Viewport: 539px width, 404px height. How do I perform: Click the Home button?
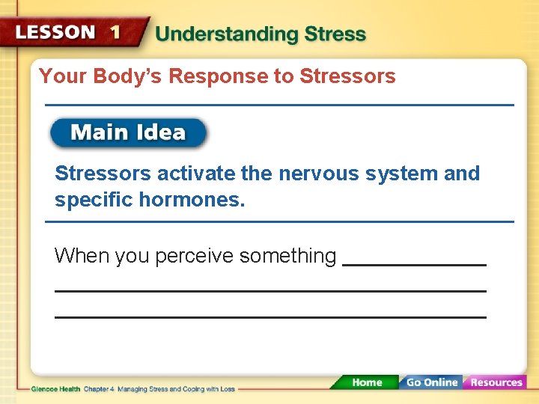tap(366, 382)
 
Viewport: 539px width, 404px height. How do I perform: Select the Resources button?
tap(496, 382)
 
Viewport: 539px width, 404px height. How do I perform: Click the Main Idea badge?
tap(128, 133)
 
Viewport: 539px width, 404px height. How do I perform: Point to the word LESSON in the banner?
tap(55, 32)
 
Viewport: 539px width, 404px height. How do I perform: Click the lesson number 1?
tap(115, 32)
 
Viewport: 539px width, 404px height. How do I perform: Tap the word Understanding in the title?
tap(217, 34)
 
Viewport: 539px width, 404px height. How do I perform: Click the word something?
tap(287, 257)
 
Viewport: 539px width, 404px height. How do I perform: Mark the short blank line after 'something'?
tap(414, 265)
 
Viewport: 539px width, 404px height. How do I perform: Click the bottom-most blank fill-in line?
tap(270, 317)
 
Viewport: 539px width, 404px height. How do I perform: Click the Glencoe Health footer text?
tap(56, 389)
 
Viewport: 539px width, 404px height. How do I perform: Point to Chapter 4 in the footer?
tap(100, 389)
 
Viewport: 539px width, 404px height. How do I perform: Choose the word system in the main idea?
tap(402, 174)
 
